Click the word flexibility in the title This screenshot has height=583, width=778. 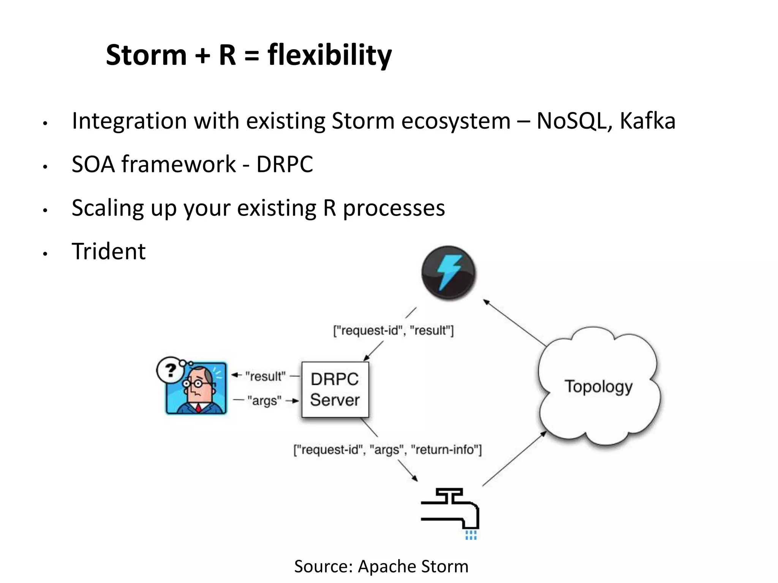click(329, 55)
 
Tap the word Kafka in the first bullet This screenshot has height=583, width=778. click(647, 121)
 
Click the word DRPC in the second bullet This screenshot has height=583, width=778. click(285, 164)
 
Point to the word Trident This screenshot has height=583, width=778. click(109, 251)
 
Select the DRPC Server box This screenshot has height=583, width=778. click(335, 390)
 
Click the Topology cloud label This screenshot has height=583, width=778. click(598, 387)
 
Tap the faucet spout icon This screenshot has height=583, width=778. click(450, 509)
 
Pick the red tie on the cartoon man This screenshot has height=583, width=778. click(198, 408)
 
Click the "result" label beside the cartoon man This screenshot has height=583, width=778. click(265, 376)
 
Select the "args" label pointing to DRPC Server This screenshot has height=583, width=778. click(264, 400)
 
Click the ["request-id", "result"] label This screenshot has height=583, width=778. click(393, 331)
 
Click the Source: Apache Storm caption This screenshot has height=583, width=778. click(381, 566)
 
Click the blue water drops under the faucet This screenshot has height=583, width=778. click(471, 535)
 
